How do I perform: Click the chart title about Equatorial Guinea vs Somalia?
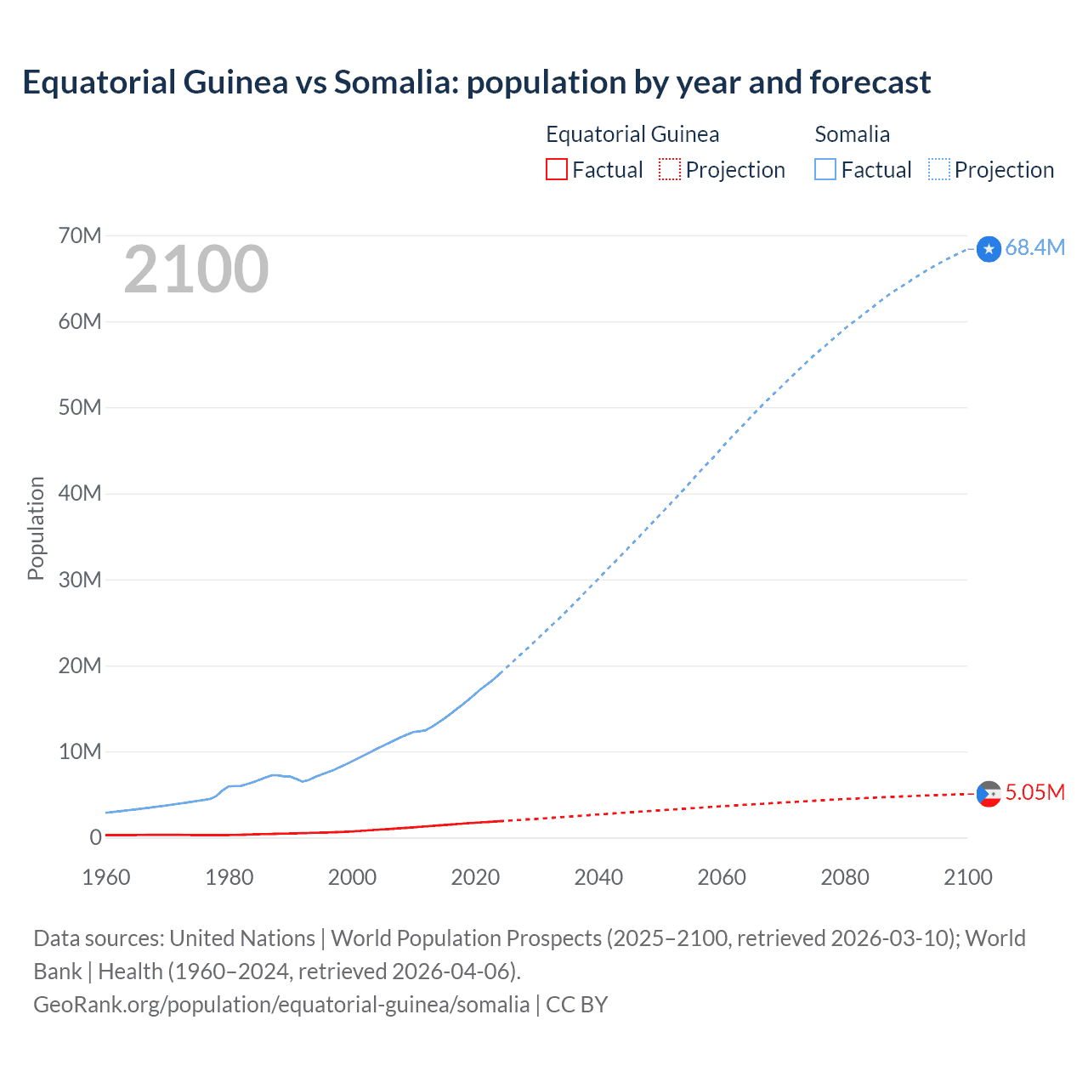[476, 82]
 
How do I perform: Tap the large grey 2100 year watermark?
[196, 269]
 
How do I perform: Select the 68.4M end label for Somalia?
[1034, 247]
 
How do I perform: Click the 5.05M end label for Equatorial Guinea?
[1034, 792]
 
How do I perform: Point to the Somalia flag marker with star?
[989, 249]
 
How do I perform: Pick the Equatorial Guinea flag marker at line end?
[989, 794]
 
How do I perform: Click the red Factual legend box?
[557, 169]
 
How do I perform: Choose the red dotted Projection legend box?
[670, 169]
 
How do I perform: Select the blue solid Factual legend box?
[825, 169]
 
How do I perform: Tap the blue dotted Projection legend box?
[939, 169]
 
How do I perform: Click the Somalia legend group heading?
[852, 134]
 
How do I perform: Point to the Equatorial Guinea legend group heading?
[632, 134]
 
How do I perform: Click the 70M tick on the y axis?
[80, 235]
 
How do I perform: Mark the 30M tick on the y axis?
[80, 580]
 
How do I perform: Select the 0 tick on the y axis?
[95, 837]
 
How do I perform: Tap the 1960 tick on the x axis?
[106, 877]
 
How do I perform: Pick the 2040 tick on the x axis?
[598, 877]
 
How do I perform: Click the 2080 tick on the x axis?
[845, 877]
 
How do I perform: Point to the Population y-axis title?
[36, 528]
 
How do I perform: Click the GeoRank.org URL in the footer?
[281, 1004]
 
